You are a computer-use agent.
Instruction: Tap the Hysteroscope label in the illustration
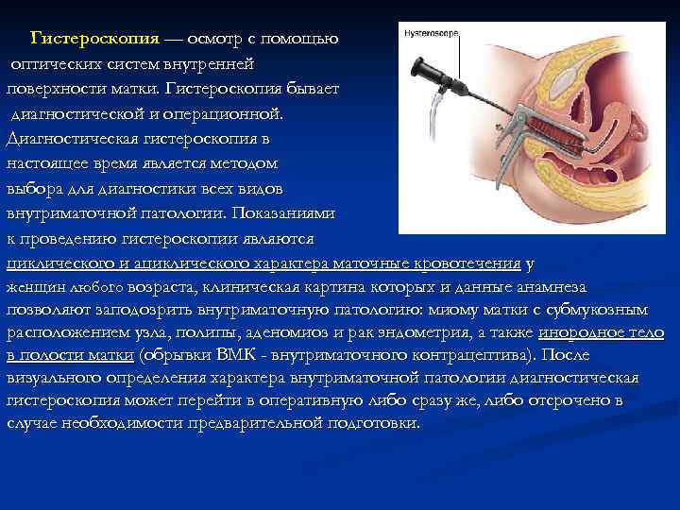tap(431, 33)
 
